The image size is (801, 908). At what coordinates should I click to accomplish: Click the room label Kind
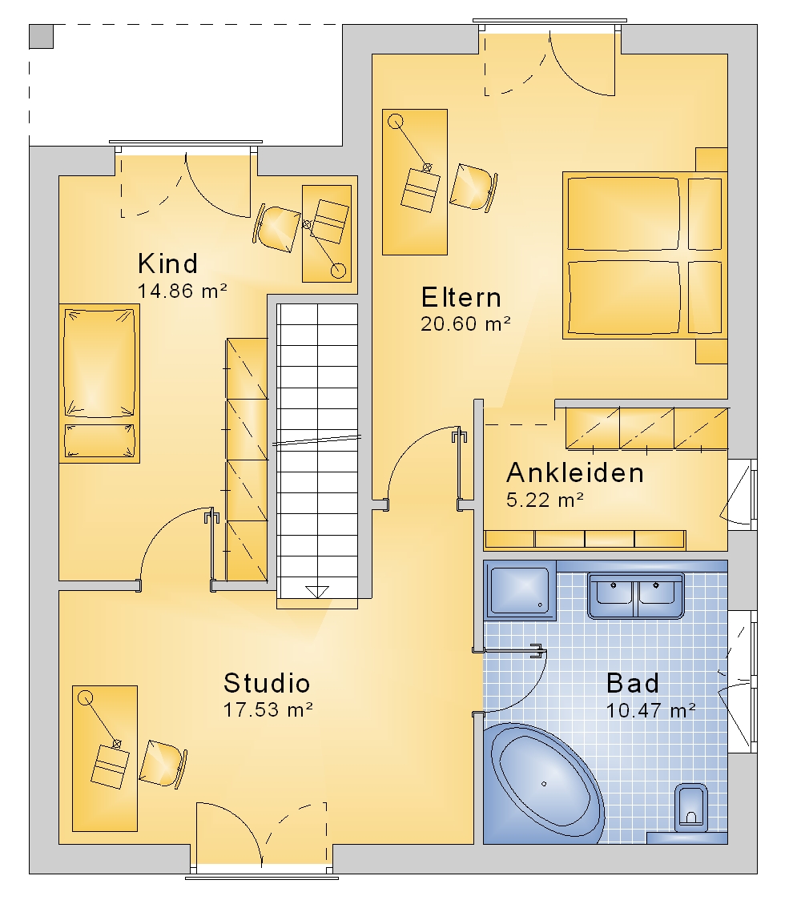[167, 264]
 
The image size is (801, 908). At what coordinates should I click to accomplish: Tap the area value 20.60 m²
[465, 323]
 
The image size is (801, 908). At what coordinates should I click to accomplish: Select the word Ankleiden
[575, 473]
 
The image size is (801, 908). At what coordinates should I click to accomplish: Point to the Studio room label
[267, 683]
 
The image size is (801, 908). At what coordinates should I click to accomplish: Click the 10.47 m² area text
[651, 710]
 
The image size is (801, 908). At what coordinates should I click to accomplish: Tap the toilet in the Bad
[691, 809]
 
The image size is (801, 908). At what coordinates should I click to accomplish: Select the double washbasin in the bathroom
[636, 595]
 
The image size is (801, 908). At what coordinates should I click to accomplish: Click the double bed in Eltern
[645, 255]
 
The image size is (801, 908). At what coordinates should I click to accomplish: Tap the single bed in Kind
[99, 384]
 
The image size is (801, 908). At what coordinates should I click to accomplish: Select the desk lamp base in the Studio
[86, 697]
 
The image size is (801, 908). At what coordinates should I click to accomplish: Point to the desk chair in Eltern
[473, 187]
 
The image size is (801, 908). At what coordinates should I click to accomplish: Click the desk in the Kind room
[327, 233]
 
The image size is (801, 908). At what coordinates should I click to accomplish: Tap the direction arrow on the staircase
[317, 592]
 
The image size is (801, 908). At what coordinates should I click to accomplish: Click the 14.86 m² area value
[182, 291]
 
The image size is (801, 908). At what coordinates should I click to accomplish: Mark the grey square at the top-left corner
[41, 36]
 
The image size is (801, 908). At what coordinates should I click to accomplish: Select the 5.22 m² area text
[545, 500]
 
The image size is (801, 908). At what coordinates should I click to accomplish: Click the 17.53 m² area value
[268, 710]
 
